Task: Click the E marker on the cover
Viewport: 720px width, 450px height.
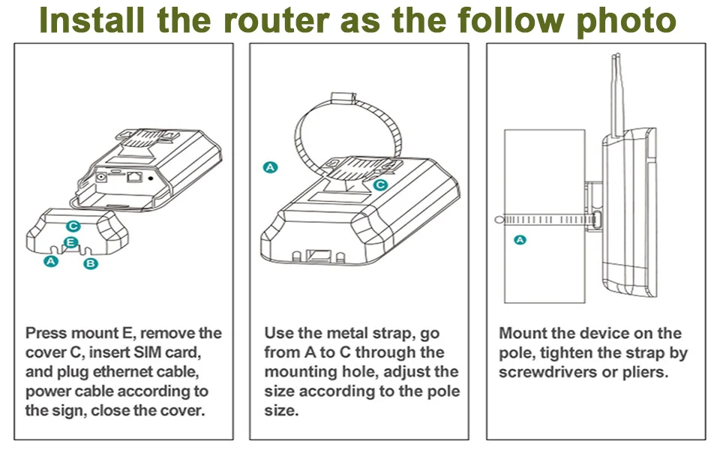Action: pos(70,241)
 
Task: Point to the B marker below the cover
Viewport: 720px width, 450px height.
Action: pos(91,263)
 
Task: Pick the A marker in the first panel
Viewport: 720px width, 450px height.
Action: pos(50,261)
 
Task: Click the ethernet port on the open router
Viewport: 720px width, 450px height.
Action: pos(135,177)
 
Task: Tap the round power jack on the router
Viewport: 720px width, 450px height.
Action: pos(101,178)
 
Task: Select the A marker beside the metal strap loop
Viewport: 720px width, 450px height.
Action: pos(271,167)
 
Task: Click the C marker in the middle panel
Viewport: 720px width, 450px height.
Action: pos(379,184)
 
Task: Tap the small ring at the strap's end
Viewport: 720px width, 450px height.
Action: pos(499,220)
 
